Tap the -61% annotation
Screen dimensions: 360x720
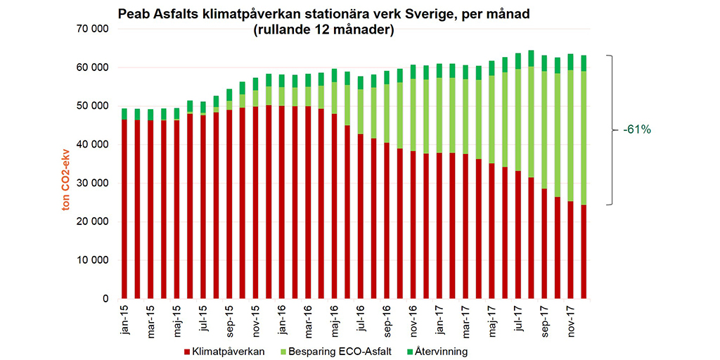[636, 130]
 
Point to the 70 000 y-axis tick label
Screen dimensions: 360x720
[91, 29]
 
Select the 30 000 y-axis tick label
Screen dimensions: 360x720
[91, 183]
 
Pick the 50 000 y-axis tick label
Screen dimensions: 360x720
[91, 105]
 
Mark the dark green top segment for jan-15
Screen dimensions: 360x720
[124, 114]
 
